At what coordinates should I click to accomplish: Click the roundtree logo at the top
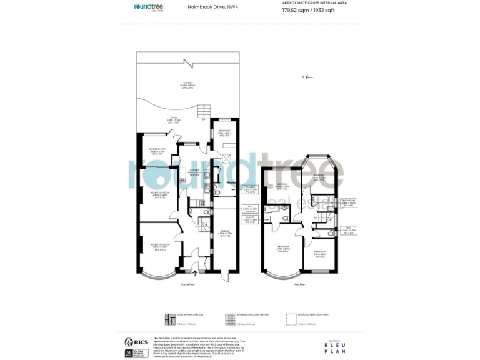click(x=149, y=7)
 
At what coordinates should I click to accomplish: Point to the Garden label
click(x=188, y=85)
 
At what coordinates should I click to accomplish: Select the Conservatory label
click(x=157, y=151)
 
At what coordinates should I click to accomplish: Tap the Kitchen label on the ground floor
click(x=194, y=172)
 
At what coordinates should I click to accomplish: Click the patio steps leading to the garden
click(x=202, y=112)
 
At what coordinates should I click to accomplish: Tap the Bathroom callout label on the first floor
click(x=349, y=202)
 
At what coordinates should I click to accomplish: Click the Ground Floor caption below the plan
click(x=188, y=284)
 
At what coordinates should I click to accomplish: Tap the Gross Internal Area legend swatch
click(x=167, y=318)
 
